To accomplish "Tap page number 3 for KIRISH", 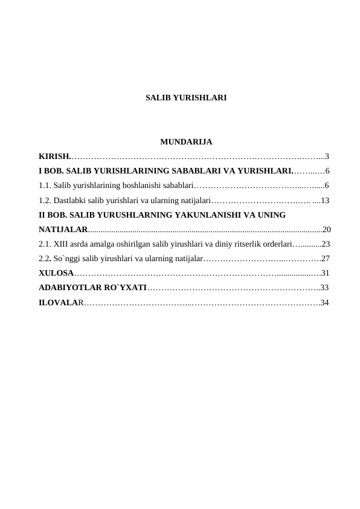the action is click(x=327, y=157).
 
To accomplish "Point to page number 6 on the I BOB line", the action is click(x=327, y=170).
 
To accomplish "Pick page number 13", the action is click(x=325, y=199).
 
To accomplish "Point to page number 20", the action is click(x=327, y=229).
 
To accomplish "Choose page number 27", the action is click(x=326, y=258).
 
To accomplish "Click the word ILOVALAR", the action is click(x=59, y=302).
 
